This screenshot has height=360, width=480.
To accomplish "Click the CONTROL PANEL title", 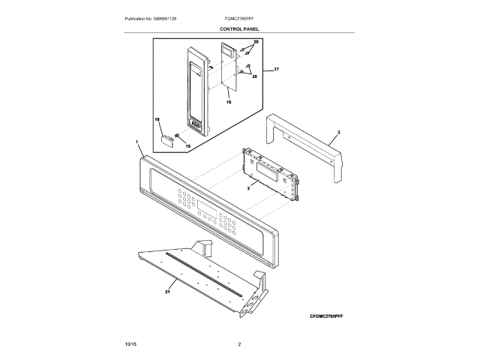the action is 239,28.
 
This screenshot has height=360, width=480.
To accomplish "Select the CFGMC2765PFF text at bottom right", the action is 331,316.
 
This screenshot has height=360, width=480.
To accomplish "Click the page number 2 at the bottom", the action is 238,343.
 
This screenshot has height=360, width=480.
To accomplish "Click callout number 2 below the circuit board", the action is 247,190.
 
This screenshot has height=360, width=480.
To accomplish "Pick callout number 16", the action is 229,101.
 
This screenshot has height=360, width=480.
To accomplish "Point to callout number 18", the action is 157,120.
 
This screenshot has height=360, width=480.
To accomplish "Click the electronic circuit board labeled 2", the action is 270,172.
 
